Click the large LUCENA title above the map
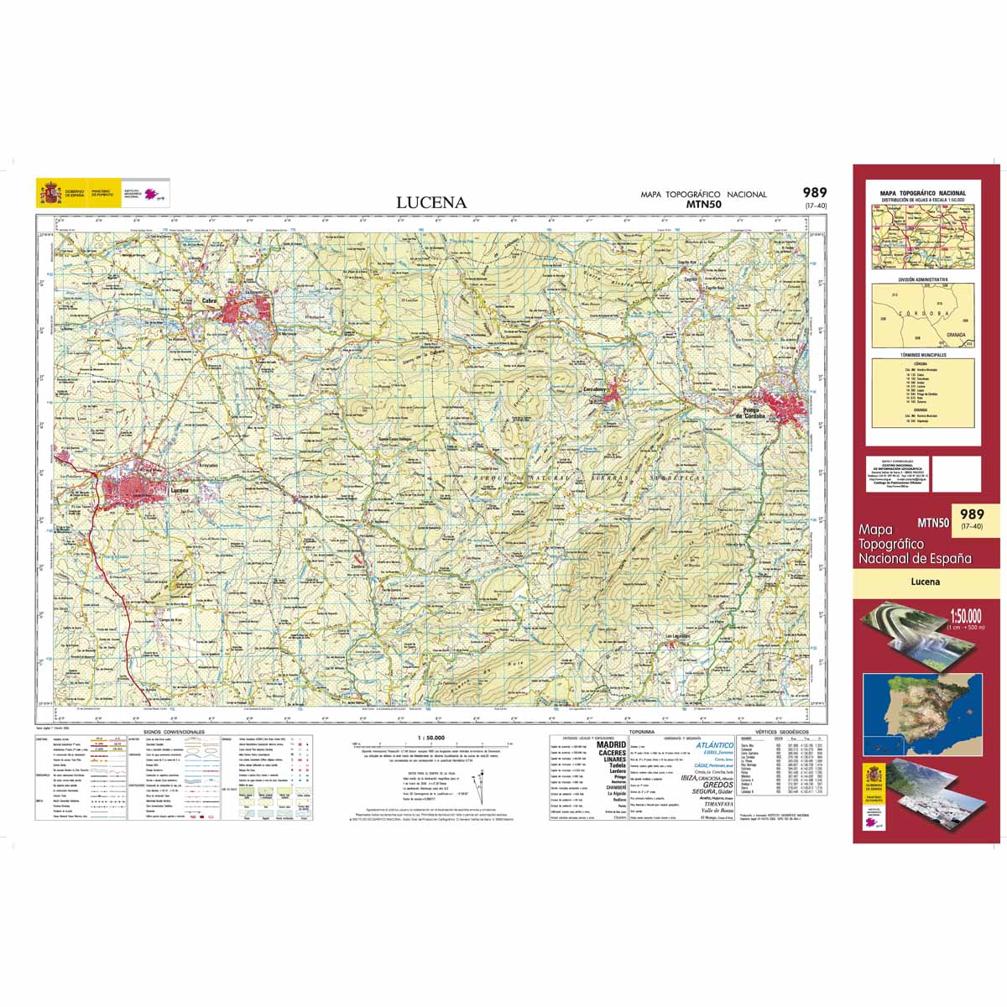[431, 202]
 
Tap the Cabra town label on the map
[210, 300]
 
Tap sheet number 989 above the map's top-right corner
[814, 192]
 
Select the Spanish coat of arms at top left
[50, 194]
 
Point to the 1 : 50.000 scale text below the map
[430, 738]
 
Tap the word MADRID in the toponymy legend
[611, 744]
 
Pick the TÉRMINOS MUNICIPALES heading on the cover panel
[922, 356]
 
